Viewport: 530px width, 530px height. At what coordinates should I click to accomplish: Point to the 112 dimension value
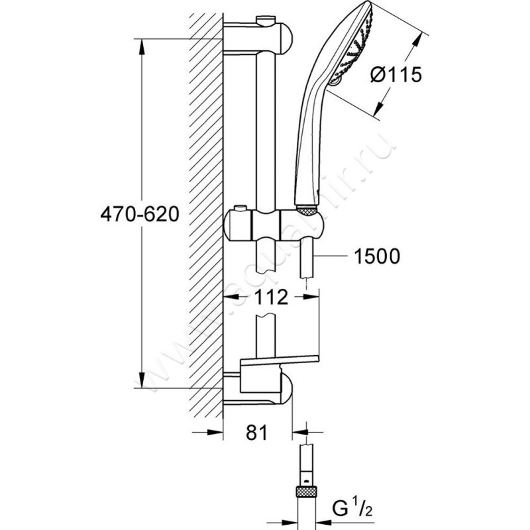point(272,298)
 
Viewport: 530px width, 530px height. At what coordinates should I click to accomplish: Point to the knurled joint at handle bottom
point(307,211)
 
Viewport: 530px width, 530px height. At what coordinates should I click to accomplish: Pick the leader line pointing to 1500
point(334,255)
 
